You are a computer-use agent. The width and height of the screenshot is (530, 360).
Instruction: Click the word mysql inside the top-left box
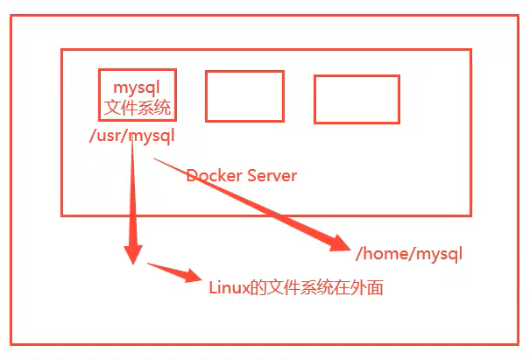[138, 88]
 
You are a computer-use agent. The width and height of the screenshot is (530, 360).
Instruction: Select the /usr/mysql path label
[132, 136]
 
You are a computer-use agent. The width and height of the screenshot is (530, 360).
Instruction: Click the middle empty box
[244, 96]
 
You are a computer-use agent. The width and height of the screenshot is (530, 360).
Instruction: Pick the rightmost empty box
[357, 99]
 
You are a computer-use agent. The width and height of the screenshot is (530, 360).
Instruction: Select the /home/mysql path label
[408, 254]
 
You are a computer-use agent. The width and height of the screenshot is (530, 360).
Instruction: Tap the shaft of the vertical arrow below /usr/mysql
[132, 193]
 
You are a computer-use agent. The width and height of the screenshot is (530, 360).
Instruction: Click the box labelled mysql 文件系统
[138, 95]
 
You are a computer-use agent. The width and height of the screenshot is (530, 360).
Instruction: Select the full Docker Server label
[242, 175]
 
